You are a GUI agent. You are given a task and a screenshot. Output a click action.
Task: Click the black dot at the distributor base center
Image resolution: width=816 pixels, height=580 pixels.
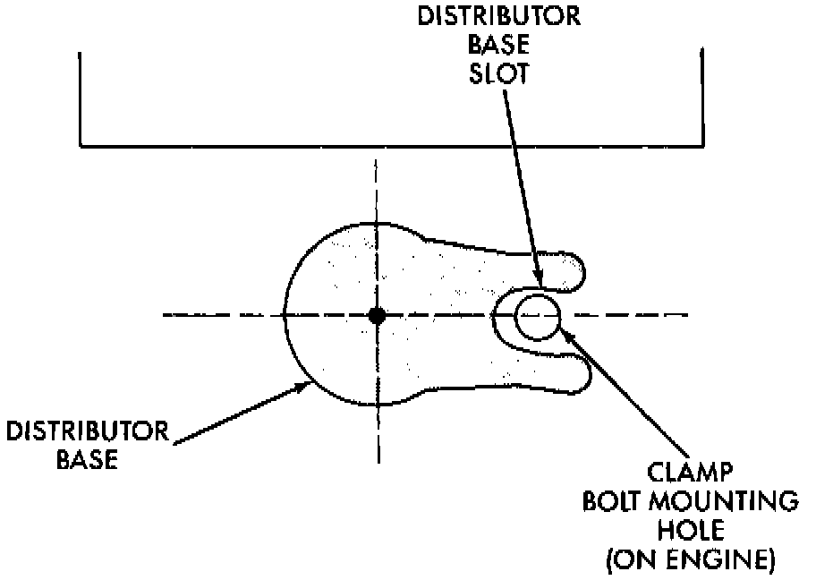click(x=377, y=315)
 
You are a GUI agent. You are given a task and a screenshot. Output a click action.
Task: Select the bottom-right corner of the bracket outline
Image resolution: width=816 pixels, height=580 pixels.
click(x=700, y=144)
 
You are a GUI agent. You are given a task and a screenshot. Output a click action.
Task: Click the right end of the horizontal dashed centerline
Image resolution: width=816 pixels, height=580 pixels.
click(x=687, y=315)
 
